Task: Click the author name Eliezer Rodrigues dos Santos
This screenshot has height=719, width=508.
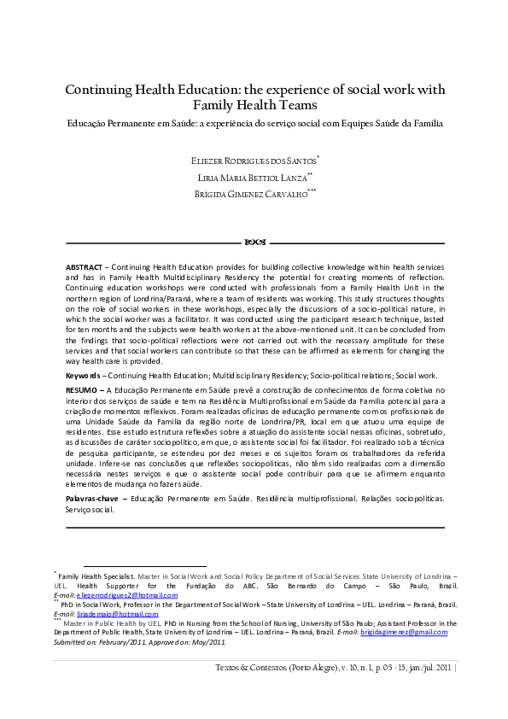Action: [x=254, y=160]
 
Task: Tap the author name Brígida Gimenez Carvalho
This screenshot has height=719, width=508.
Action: [x=254, y=195]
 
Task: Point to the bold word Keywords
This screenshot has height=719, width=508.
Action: [x=85, y=375]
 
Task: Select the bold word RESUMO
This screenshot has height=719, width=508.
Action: [x=82, y=389]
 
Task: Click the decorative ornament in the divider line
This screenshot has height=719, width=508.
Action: [x=254, y=242]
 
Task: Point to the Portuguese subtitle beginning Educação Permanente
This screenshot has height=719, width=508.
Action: [x=254, y=123]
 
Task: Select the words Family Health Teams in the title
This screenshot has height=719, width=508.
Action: [x=254, y=106]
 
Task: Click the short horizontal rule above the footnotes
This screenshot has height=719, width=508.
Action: [x=144, y=565]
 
